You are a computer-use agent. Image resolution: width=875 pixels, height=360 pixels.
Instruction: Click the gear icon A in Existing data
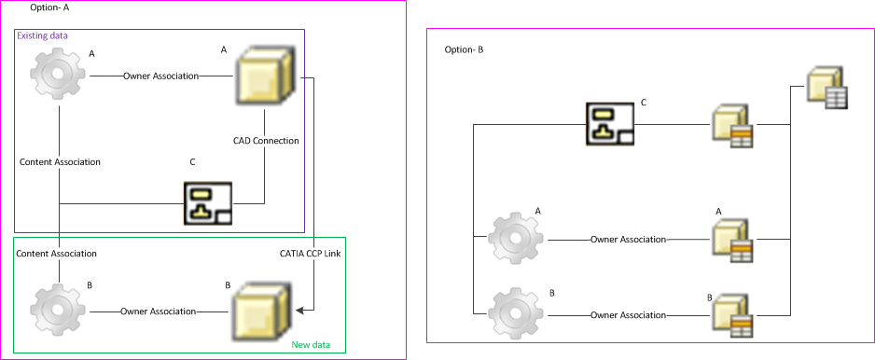coord(58,75)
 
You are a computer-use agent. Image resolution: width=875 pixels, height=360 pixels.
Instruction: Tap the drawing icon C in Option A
coord(208,203)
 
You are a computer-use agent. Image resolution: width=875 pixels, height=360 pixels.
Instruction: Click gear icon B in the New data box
coord(58,311)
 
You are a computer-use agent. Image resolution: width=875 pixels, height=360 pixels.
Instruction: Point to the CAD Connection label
coord(266,141)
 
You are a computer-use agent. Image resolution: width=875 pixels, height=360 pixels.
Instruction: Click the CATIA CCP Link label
coord(310,254)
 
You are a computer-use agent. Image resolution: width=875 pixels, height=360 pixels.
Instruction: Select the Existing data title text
coord(42,35)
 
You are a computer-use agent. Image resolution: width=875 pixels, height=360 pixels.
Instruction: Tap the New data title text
coord(311,345)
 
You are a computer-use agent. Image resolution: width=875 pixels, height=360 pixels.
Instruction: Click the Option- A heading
coord(49,7)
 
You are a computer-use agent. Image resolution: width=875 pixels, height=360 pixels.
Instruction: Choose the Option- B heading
coord(464,49)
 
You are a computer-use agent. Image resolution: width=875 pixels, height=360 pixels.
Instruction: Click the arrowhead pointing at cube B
coord(299,310)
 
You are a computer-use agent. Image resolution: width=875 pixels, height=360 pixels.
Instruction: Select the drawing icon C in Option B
coord(610,124)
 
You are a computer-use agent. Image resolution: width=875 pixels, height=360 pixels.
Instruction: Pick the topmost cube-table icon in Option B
coord(827,89)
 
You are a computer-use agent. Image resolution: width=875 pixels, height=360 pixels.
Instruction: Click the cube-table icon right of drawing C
coord(732,126)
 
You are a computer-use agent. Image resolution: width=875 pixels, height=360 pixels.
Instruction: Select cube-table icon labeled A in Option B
coord(732,237)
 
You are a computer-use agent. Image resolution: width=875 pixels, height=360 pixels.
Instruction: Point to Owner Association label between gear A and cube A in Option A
coord(160,76)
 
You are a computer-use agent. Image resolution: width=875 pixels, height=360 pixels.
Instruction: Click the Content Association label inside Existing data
coord(60,162)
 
